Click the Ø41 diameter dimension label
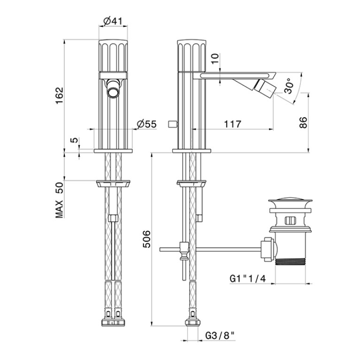(x=113, y=21)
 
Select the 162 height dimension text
(x=60, y=95)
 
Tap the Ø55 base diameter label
(x=147, y=124)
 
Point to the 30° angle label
(x=289, y=86)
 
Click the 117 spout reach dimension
(x=233, y=124)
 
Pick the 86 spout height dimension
(x=303, y=123)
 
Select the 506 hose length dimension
(x=146, y=239)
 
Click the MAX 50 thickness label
(x=59, y=200)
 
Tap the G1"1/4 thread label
(x=248, y=278)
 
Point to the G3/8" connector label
(x=220, y=336)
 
